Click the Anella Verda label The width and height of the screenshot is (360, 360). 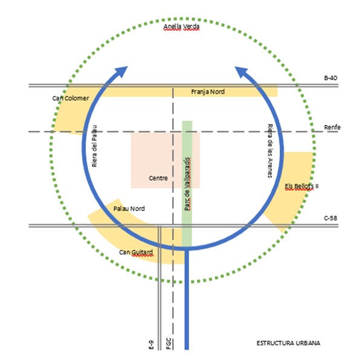coord(181,27)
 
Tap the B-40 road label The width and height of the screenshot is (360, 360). coord(330,78)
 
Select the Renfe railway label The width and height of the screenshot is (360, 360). coord(332,127)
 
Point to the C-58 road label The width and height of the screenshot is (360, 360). coord(330,218)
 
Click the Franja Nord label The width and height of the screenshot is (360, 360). coord(208,92)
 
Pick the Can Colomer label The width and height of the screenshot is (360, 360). coord(71,98)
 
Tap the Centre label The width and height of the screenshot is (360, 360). coord(158,178)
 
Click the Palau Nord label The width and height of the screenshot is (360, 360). coord(129,209)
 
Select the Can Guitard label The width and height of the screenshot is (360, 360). coord(136,252)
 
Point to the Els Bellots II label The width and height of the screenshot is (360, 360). coord(301,186)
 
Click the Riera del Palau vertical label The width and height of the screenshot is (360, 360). coord(94,146)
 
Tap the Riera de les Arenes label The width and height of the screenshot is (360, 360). coord(270,151)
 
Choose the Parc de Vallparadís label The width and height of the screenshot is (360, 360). coord(188,184)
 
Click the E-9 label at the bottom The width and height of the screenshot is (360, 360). coord(151,345)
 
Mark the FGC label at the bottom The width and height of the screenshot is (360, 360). coord(169,344)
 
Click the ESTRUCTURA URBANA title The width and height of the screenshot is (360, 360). coord(288,343)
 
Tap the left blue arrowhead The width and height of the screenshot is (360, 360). coord(121,72)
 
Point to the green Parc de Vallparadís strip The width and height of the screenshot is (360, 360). coord(187,184)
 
